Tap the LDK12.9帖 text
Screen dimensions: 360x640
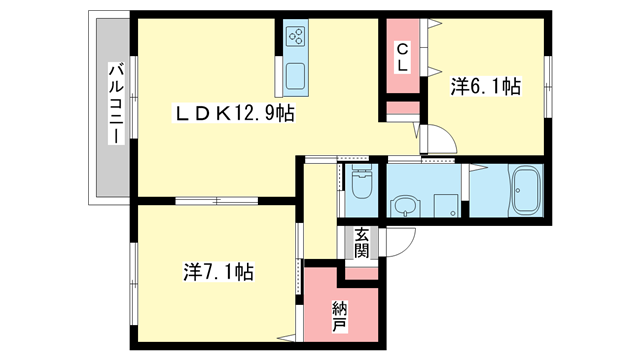tap(234, 115)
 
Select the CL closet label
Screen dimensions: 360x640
tap(401, 56)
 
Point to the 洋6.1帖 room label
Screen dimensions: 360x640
tap(485, 87)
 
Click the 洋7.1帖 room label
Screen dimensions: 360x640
tap(217, 271)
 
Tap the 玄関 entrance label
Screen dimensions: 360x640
tap(361, 243)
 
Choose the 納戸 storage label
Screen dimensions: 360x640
tap(339, 316)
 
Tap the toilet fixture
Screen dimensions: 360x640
tap(362, 185)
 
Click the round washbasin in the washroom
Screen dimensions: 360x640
tap(404, 207)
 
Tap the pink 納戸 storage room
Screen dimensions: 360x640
tap(339, 305)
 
